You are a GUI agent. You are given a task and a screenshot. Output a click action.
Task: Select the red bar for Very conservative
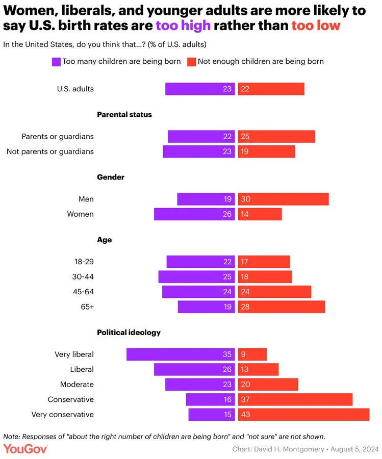click(303, 414)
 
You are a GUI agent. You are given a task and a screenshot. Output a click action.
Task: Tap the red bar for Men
click(283, 199)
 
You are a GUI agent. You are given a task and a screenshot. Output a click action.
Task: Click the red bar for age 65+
click(281, 307)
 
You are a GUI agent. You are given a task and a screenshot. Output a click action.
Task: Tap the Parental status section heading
click(124, 115)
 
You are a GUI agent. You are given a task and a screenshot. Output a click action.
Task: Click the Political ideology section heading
click(129, 333)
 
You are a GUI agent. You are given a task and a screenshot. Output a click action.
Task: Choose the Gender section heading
click(111, 177)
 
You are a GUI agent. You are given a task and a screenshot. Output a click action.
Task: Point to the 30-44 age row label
click(84, 276)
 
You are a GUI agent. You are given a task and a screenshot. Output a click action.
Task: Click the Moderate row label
click(77, 384)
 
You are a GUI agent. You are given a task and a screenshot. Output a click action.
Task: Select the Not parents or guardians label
click(50, 151)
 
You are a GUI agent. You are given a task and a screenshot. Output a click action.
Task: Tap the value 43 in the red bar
click(245, 414)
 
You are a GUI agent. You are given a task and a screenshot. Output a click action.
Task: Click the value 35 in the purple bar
click(227, 354)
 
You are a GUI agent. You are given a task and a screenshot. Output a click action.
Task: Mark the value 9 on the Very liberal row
click(243, 354)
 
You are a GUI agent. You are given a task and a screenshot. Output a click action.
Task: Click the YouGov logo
click(26, 449)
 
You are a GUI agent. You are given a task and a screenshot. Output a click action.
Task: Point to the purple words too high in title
click(183, 25)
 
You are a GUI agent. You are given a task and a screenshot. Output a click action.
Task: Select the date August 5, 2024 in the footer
click(353, 449)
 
